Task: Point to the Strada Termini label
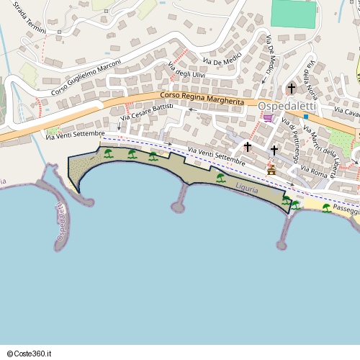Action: pyautogui.click(x=30, y=19)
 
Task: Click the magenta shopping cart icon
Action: pyautogui.click(x=268, y=118)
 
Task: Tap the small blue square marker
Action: pyautogui.click(x=306, y=117)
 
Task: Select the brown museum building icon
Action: pyautogui.click(x=271, y=171)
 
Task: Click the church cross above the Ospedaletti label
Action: pyautogui.click(x=291, y=89)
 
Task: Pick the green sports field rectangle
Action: pyautogui.click(x=294, y=14)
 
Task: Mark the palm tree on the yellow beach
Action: pyautogui.click(x=326, y=208)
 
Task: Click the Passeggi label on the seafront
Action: pyautogui.click(x=346, y=209)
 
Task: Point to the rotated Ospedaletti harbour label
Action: pyautogui.click(x=61, y=222)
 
